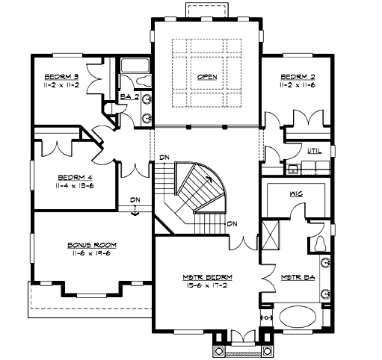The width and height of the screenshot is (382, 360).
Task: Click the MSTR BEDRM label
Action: click(x=205, y=278)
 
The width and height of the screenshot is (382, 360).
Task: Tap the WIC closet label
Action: click(x=296, y=193)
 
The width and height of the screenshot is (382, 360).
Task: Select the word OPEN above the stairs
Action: click(x=207, y=78)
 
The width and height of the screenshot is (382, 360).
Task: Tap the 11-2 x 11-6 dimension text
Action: click(x=297, y=86)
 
